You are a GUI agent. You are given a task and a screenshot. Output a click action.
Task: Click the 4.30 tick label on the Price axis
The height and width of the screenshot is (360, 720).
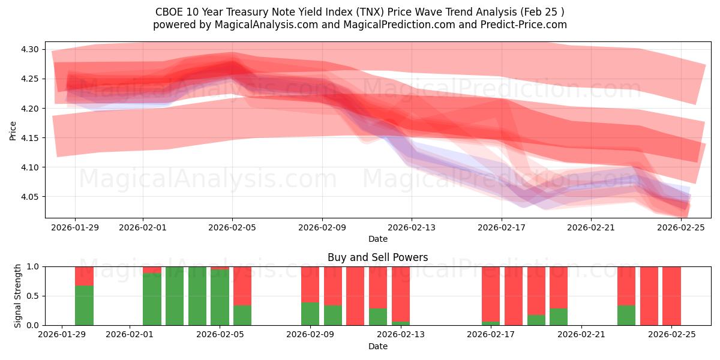30,49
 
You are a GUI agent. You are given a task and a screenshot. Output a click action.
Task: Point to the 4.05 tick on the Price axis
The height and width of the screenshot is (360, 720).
30,197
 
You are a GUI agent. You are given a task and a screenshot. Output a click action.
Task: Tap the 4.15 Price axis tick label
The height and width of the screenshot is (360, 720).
30,138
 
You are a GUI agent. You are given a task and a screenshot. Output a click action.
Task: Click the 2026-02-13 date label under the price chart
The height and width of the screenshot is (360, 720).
412,227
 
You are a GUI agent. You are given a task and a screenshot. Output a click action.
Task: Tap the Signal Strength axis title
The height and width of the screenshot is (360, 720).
18,296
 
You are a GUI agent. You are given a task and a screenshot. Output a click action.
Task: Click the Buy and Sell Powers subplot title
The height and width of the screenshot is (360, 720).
377,257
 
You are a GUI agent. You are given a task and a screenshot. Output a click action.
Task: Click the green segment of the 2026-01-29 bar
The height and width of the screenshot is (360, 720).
84,305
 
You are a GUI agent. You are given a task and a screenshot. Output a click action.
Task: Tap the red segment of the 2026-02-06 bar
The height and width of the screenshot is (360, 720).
242,286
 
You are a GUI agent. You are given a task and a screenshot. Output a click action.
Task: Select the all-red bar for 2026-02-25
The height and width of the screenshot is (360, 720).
671,296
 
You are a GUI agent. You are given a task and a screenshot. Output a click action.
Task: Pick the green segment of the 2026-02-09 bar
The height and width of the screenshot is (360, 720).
310,314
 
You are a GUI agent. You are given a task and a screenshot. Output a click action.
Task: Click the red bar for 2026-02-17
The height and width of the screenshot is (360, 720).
491,294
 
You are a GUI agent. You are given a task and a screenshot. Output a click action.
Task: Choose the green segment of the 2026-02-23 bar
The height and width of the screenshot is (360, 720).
626,316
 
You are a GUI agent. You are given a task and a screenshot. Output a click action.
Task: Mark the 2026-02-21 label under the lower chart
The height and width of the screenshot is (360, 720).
582,335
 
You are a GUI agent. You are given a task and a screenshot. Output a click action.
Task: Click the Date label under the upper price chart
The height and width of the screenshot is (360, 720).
377,239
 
